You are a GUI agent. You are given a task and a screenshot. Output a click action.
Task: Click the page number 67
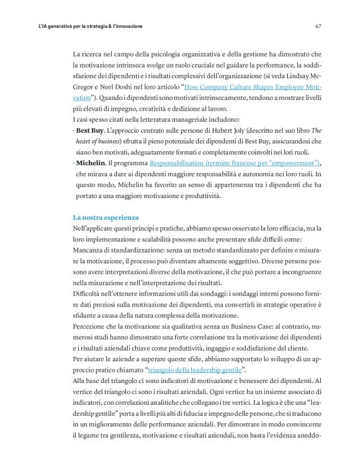coord(317,27)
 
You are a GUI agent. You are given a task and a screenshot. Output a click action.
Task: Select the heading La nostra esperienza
coord(106,218)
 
